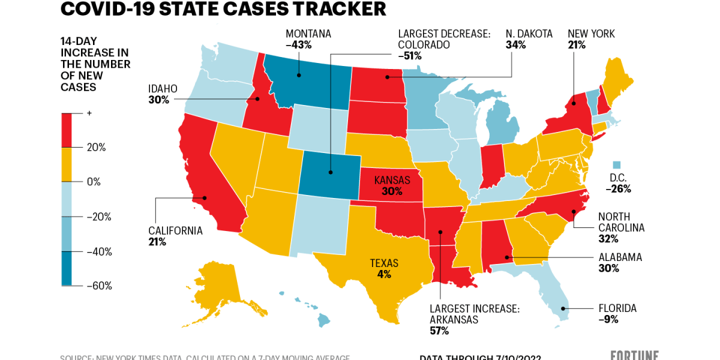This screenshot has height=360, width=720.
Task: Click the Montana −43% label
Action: (308, 39)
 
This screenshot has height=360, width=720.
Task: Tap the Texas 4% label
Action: (384, 269)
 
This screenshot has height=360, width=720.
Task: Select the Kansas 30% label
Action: (392, 186)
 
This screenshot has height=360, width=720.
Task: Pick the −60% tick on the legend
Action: (99, 286)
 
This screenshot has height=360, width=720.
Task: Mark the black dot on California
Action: (205, 197)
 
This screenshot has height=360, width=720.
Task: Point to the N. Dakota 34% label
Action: (529, 39)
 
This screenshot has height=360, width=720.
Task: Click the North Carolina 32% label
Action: (620, 227)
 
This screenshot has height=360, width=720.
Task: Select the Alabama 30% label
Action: (620, 263)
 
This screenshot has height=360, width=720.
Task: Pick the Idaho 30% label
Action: (163, 94)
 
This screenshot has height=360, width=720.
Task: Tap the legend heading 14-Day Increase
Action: (95, 64)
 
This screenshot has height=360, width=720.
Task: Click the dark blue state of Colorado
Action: (330, 173)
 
